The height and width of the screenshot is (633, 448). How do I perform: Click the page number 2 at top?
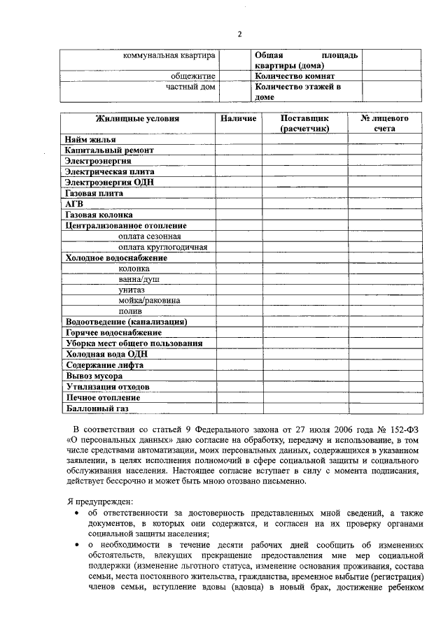pos(239,34)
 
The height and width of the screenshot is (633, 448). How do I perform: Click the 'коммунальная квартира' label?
pos(169,55)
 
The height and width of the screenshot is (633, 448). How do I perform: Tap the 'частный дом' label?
pos(190,87)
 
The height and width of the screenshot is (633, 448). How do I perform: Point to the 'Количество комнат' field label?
pos(295,76)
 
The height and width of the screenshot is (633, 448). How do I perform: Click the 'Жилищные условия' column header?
pos(137,119)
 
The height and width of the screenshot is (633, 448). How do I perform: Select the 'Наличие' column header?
pos(238,119)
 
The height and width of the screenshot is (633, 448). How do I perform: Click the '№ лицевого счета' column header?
pos(384,124)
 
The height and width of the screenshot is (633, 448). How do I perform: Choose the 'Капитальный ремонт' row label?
pos(108,150)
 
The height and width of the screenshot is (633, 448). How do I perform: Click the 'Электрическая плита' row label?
pos(109,171)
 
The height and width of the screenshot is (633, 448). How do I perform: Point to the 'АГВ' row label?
pos(74,204)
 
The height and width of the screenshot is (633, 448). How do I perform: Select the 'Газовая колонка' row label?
pos(99,215)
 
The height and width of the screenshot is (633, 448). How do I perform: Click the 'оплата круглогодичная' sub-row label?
pos(162,247)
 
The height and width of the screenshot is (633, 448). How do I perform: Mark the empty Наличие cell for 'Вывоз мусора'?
pos(238,376)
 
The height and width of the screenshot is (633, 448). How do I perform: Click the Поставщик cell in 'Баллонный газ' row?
pos(304,408)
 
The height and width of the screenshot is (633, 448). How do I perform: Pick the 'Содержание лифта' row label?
pos(104,365)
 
